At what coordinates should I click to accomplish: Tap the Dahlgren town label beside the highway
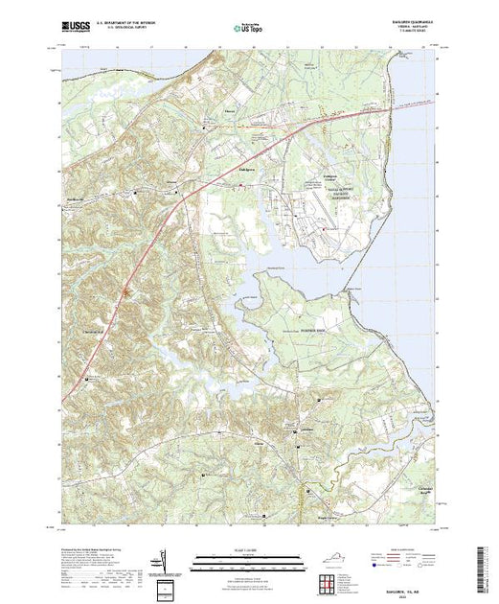point(245,166)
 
